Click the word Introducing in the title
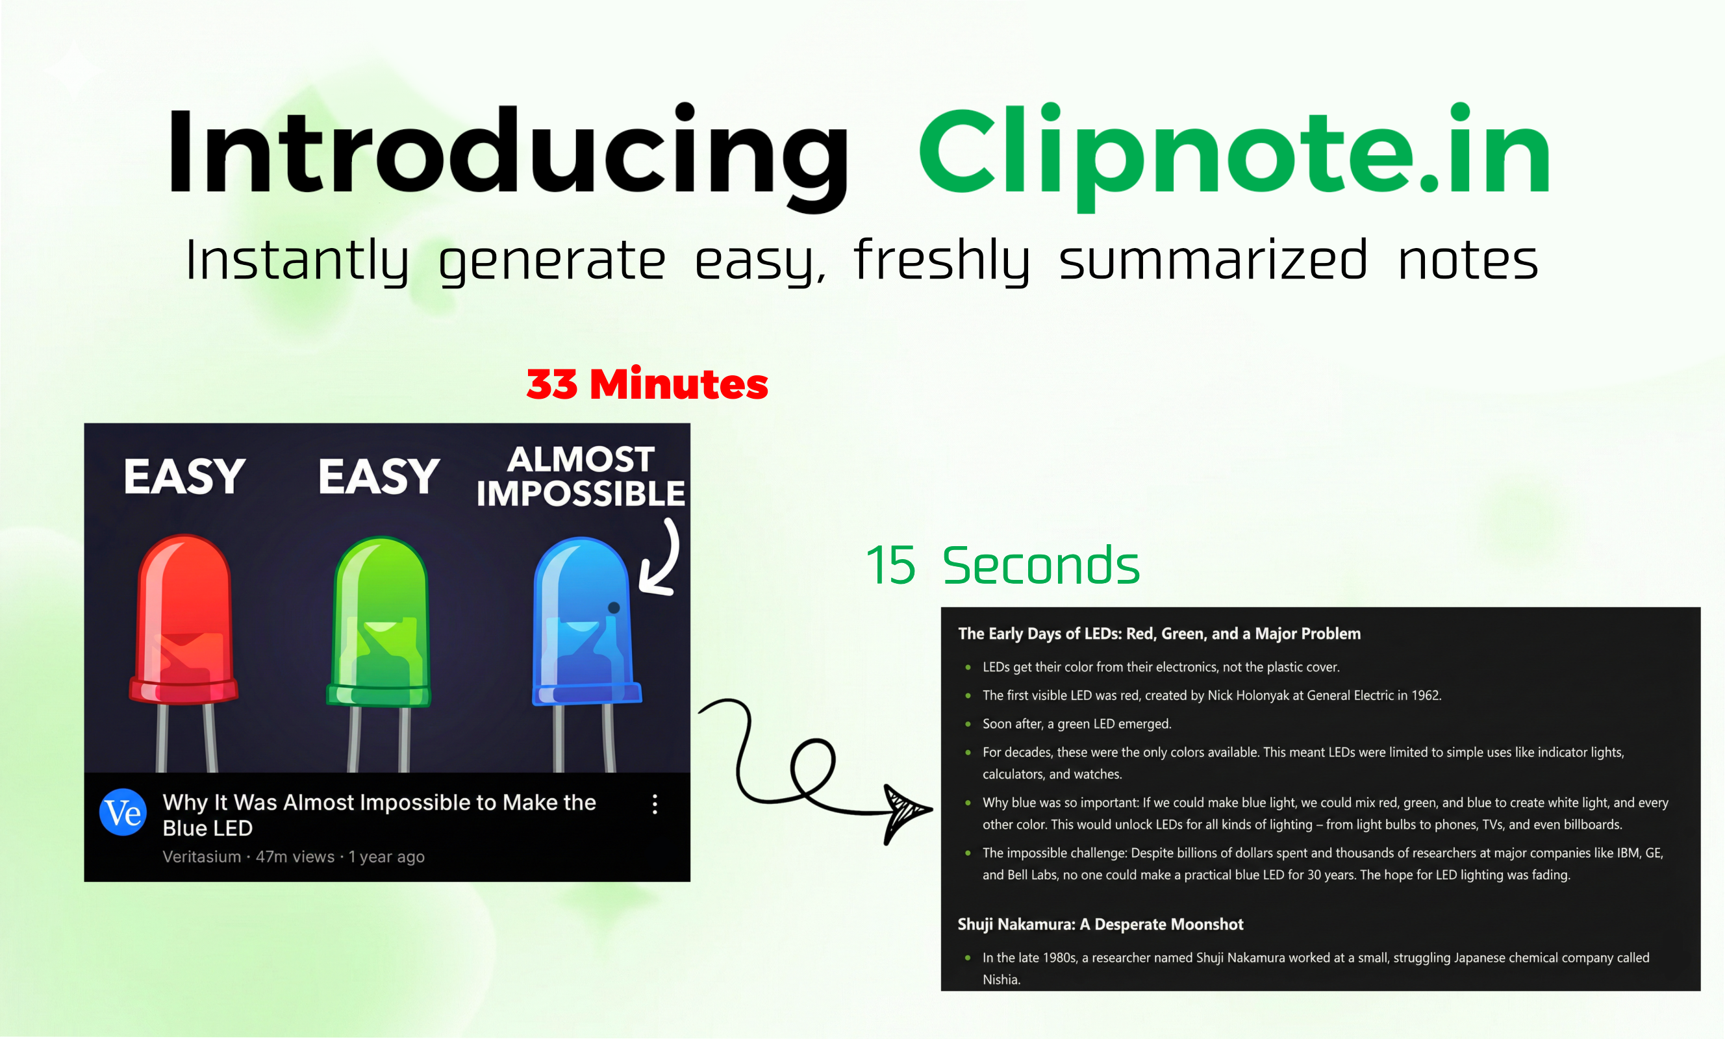click(x=507, y=151)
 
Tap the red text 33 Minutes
click(x=647, y=384)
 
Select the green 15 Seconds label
click(x=1003, y=566)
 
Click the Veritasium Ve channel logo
click(x=123, y=813)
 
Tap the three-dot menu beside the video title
click(x=655, y=805)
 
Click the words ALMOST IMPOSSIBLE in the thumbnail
click(x=581, y=477)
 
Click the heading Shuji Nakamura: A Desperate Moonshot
click(x=1100, y=925)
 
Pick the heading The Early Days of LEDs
click(x=1159, y=634)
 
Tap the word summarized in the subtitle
click(x=1213, y=260)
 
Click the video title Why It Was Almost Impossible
click(x=379, y=815)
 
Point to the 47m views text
click(x=295, y=857)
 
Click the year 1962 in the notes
click(x=1426, y=696)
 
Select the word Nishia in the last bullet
click(x=1000, y=980)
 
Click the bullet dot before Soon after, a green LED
click(x=968, y=725)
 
